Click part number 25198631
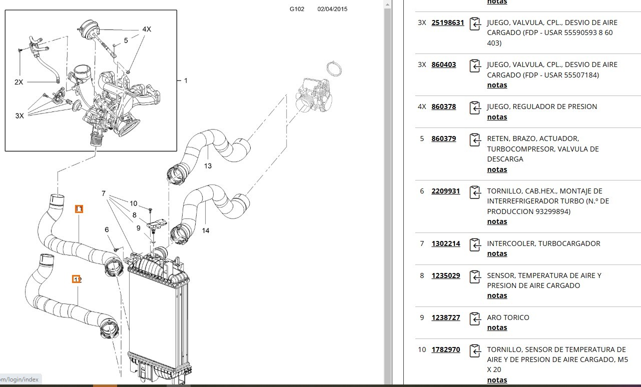[x=447, y=22]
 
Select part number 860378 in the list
[x=443, y=106]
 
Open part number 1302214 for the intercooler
[x=445, y=243]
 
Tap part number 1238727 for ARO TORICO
[x=445, y=317]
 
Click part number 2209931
[x=445, y=191]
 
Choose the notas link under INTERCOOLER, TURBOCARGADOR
[x=497, y=253]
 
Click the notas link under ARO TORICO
[x=497, y=327]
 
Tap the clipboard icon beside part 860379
[x=475, y=140]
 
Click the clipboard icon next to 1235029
[x=475, y=277]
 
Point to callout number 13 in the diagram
[x=208, y=166]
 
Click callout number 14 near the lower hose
[x=206, y=230]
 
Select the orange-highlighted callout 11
[x=79, y=209]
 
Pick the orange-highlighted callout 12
[x=76, y=279]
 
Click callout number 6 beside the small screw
[x=107, y=229]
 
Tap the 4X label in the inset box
[x=147, y=29]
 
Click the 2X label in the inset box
[x=19, y=82]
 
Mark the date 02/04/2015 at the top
[x=332, y=9]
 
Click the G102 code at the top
[x=297, y=9]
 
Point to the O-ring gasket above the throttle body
[x=334, y=68]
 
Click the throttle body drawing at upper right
[x=314, y=94]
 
